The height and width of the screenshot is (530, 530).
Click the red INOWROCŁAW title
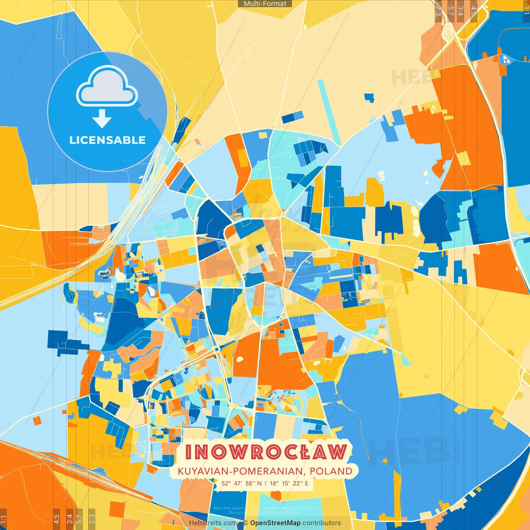pyautogui.click(x=265, y=452)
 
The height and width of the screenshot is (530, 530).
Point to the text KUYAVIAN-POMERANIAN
pyautogui.click(x=240, y=471)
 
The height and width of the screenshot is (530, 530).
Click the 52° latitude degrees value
pyautogui.click(x=226, y=483)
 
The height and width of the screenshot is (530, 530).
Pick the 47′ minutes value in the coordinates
pyautogui.click(x=238, y=483)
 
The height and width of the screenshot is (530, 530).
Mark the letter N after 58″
pyautogui.click(x=259, y=483)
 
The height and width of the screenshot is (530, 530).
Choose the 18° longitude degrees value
pyautogui.click(x=274, y=483)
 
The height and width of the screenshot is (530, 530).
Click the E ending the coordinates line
pyautogui.click(x=307, y=483)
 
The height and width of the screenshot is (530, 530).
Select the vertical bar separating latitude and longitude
pyautogui.click(x=265, y=483)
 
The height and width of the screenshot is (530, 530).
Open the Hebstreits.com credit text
pyautogui.click(x=213, y=523)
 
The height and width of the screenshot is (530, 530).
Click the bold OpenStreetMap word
pyautogui.click(x=275, y=523)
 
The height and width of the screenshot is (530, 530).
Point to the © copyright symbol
pyautogui.click(x=246, y=523)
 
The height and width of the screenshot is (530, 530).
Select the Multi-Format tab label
pyautogui.click(x=265, y=4)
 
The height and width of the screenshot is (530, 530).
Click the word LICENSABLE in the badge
pyautogui.click(x=107, y=140)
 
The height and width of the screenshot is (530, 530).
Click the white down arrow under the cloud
pyautogui.click(x=102, y=119)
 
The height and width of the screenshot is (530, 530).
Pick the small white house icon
pyautogui.click(x=506, y=60)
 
